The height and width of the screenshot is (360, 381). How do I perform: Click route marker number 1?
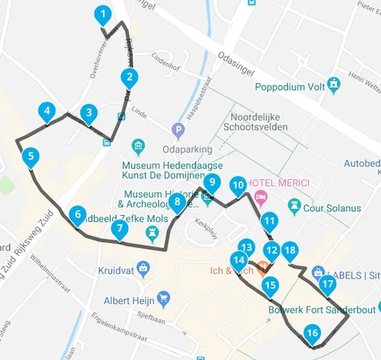[103, 14]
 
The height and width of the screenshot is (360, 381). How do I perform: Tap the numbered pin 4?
[47, 112]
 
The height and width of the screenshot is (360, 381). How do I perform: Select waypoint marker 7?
[119, 227]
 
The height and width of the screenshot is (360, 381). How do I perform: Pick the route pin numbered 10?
[238, 183]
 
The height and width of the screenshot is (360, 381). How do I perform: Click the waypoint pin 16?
[311, 332]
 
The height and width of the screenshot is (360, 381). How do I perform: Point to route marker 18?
[289, 249]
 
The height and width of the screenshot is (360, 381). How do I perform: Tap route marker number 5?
[30, 158]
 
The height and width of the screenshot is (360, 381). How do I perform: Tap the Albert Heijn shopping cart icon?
[163, 297]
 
